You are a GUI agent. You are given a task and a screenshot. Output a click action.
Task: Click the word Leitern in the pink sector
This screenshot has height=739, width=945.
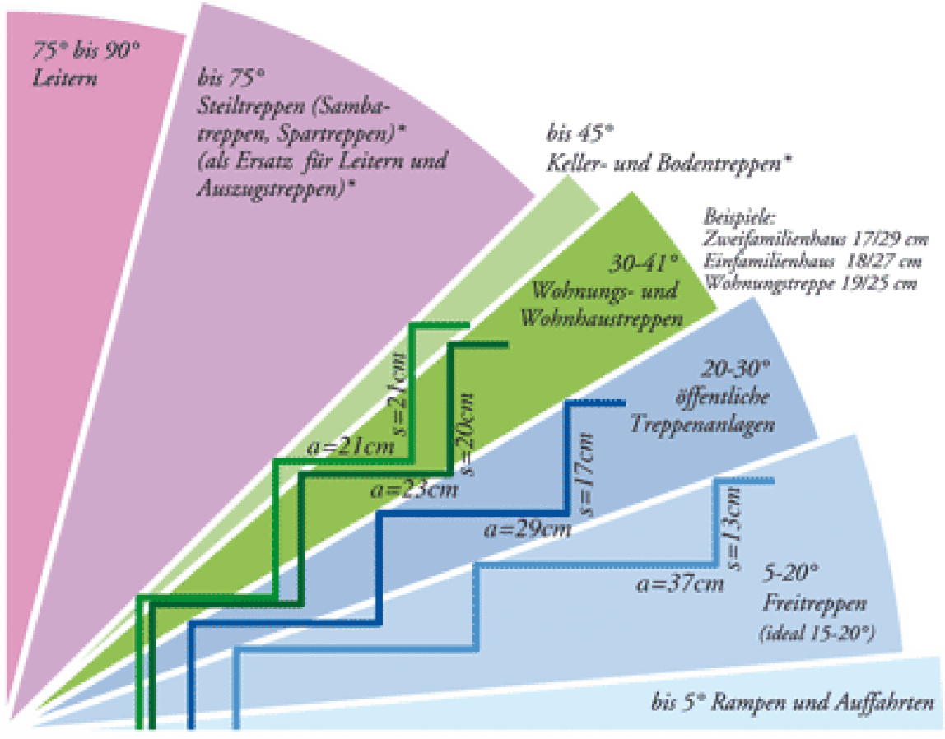coord(64,78)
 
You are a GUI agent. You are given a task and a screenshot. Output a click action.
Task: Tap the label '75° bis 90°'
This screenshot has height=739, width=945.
coord(86,50)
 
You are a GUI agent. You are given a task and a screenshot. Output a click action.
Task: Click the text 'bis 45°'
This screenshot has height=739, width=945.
coord(580,133)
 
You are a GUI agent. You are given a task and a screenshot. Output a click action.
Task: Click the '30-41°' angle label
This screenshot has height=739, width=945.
coord(645,263)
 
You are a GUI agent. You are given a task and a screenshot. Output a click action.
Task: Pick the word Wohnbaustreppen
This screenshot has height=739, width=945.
coord(602,318)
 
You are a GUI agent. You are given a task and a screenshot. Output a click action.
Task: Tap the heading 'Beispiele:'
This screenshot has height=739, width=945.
coord(739,218)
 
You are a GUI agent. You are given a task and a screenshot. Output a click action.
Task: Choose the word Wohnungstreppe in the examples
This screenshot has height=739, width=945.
coord(767,283)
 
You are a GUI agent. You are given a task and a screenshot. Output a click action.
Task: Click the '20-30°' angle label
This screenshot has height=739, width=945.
coord(736,369)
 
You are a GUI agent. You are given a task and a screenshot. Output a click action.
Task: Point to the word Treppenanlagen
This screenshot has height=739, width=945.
coord(702,424)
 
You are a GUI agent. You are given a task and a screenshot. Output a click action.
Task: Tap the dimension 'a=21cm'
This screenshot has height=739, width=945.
coord(350,446)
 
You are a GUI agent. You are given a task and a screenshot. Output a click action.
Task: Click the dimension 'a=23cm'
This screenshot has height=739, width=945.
coord(414,489)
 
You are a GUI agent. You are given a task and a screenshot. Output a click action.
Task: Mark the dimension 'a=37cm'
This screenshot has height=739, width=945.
coord(680,583)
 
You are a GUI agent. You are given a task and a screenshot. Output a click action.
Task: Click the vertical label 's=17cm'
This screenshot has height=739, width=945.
coord(584,475)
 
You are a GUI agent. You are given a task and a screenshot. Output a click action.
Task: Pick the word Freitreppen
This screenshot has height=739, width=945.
coord(815,603)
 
